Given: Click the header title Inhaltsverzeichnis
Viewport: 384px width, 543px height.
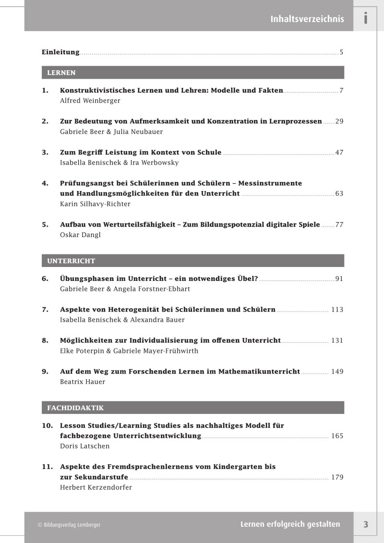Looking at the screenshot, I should point(307,19).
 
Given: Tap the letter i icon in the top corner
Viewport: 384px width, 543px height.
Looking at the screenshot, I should point(366,18).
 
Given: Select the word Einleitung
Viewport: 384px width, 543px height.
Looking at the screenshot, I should point(60,52).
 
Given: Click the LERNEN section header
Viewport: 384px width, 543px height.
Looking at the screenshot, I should point(61,73).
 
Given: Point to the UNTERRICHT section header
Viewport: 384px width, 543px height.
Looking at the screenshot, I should point(71,261).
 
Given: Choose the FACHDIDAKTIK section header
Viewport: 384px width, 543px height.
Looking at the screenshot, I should point(75,408).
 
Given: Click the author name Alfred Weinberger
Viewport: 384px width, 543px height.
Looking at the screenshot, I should point(90,101).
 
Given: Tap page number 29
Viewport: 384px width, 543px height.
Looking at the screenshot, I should point(339,121).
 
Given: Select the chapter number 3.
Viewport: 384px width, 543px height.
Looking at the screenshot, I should point(45,152).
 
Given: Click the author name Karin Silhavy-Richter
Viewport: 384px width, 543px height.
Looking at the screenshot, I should point(95,204).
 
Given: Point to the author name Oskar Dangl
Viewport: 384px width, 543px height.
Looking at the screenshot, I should point(81,235).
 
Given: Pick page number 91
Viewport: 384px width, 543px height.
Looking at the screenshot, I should point(339,279).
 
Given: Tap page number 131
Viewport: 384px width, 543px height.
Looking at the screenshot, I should point(337,340).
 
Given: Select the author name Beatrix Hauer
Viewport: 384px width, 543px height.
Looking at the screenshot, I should point(83,382).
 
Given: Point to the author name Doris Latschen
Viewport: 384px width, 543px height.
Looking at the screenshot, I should point(85,446).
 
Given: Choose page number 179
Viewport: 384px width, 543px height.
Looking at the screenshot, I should point(337,477).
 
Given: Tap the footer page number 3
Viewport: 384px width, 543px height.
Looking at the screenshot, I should point(366,525).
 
